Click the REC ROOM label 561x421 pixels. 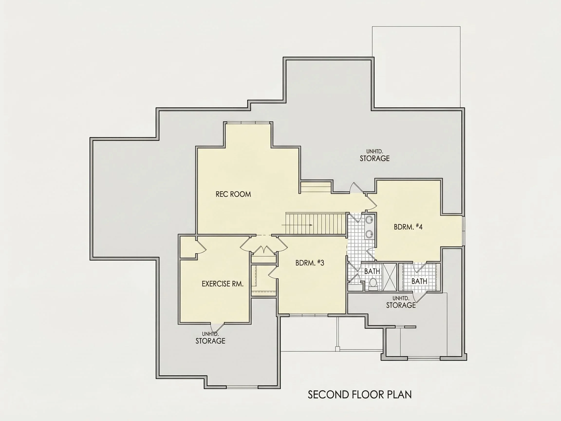[x=233, y=194]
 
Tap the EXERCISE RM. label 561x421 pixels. [x=222, y=284]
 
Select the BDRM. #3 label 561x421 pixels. [x=310, y=263]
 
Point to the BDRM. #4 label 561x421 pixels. [x=408, y=227]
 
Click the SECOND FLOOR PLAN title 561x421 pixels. [x=360, y=395]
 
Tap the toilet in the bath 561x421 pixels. [x=373, y=284]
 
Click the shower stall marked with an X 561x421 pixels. [x=390, y=277]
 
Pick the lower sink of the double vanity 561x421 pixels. [x=369, y=233]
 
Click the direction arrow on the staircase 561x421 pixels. [x=297, y=225]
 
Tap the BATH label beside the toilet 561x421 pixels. [x=372, y=271]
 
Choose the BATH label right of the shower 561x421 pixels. [x=419, y=281]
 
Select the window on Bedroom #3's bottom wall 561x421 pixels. [x=309, y=315]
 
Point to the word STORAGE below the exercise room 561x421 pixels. [x=210, y=341]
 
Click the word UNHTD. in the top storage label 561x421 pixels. [x=374, y=152]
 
